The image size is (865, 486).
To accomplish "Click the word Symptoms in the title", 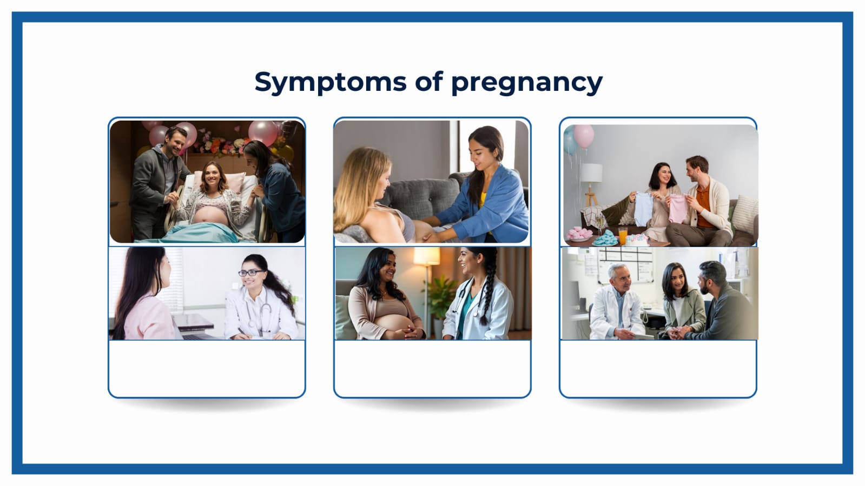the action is point(330,82).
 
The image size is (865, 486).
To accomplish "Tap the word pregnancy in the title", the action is point(527,83).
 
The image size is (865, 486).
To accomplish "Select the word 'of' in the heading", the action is point(428,81).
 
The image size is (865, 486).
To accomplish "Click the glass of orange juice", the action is point(623,235).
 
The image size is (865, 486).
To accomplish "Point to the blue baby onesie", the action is point(644,209).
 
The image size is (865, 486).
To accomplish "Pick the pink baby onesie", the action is point(678,208).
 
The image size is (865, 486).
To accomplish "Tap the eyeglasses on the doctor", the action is point(250,272).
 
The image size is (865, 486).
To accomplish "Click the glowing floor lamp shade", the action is point(426,256).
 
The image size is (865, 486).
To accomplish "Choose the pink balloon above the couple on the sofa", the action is point(584,136).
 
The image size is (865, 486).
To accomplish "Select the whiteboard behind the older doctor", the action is point(625,264).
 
